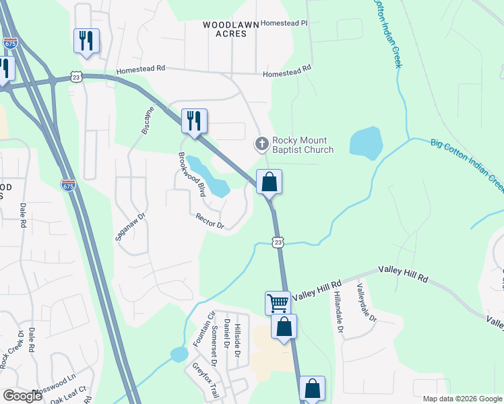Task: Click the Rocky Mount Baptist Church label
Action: click(x=303, y=145)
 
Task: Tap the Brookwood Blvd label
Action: click(x=191, y=174)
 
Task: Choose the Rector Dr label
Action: click(x=210, y=221)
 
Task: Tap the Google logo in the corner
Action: click(x=22, y=396)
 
